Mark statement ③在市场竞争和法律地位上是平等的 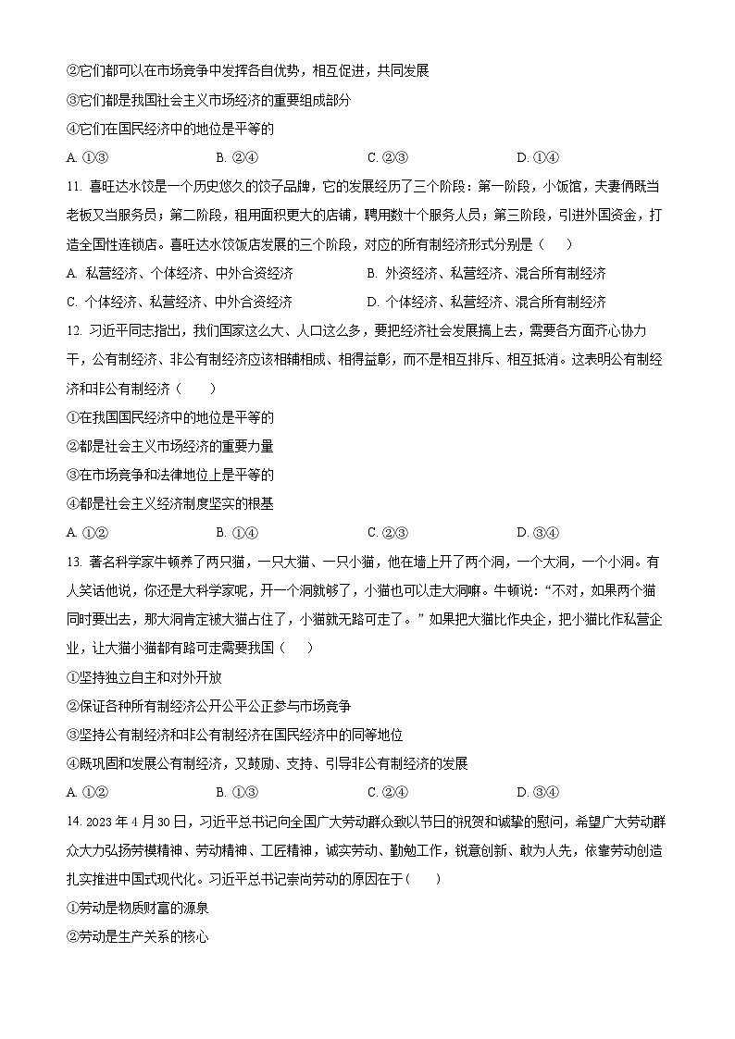170,475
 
